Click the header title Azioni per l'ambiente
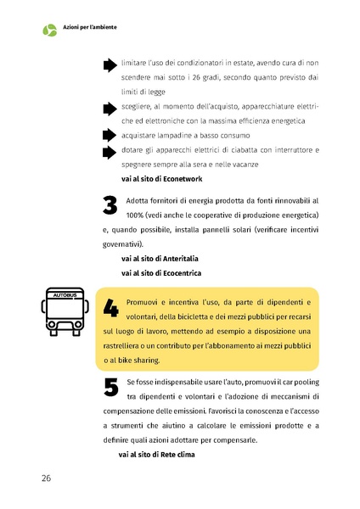click(x=90, y=28)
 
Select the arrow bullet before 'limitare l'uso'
click(x=109, y=64)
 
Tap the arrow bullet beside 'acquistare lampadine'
click(x=109, y=136)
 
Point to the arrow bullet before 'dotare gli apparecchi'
click(x=109, y=152)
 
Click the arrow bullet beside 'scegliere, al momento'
click(x=109, y=109)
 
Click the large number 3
click(x=109, y=206)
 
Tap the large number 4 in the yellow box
click(x=110, y=308)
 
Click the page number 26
click(x=46, y=478)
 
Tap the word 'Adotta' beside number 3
click(x=138, y=201)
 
